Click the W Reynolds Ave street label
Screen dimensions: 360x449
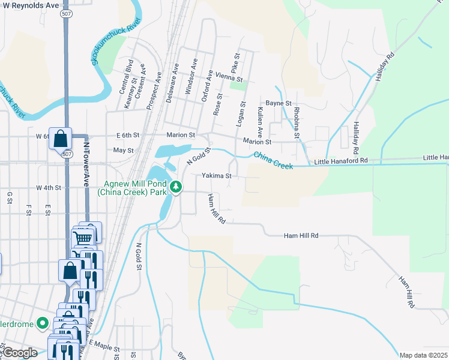pyautogui.click(x=30, y=5)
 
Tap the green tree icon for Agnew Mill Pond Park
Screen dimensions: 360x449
pyautogui.click(x=176, y=187)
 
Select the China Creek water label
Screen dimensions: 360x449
pyautogui.click(x=273, y=160)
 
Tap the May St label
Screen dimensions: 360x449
pyautogui.click(x=122, y=150)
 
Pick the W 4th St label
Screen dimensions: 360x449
pyautogui.click(x=49, y=188)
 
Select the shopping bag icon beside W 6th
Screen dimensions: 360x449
pyautogui.click(x=61, y=139)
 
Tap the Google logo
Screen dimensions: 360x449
pyautogui.click(x=20, y=353)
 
